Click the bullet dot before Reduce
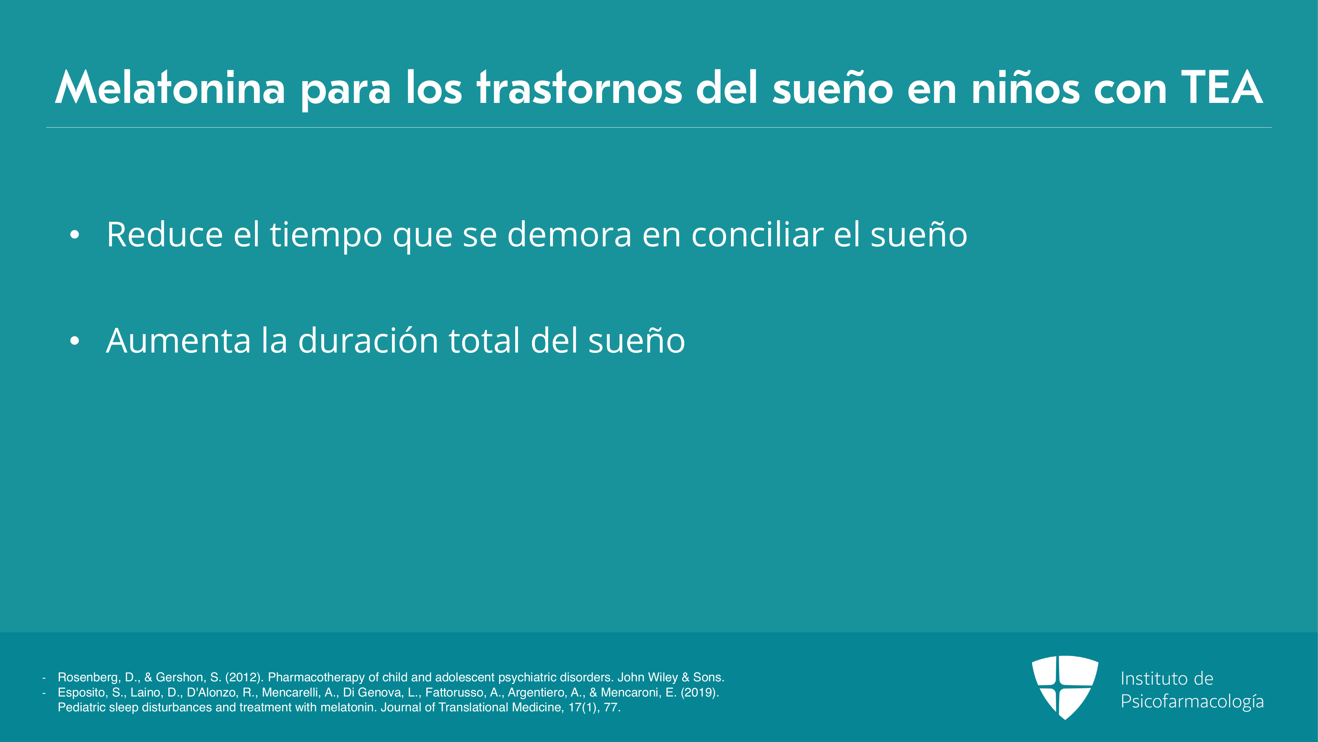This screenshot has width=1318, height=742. coord(75,235)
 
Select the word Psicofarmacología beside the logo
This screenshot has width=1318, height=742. coord(1192,701)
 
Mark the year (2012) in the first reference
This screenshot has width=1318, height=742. coord(244,677)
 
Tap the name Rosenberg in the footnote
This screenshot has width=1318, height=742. coord(89,677)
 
